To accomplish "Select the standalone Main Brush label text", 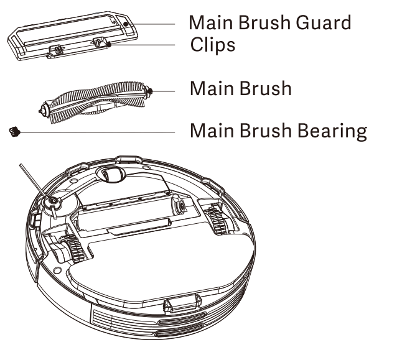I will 240,88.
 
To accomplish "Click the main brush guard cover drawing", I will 68,34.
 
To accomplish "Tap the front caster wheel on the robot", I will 112,175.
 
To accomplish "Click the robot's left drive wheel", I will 70,249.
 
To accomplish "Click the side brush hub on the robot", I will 51,201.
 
